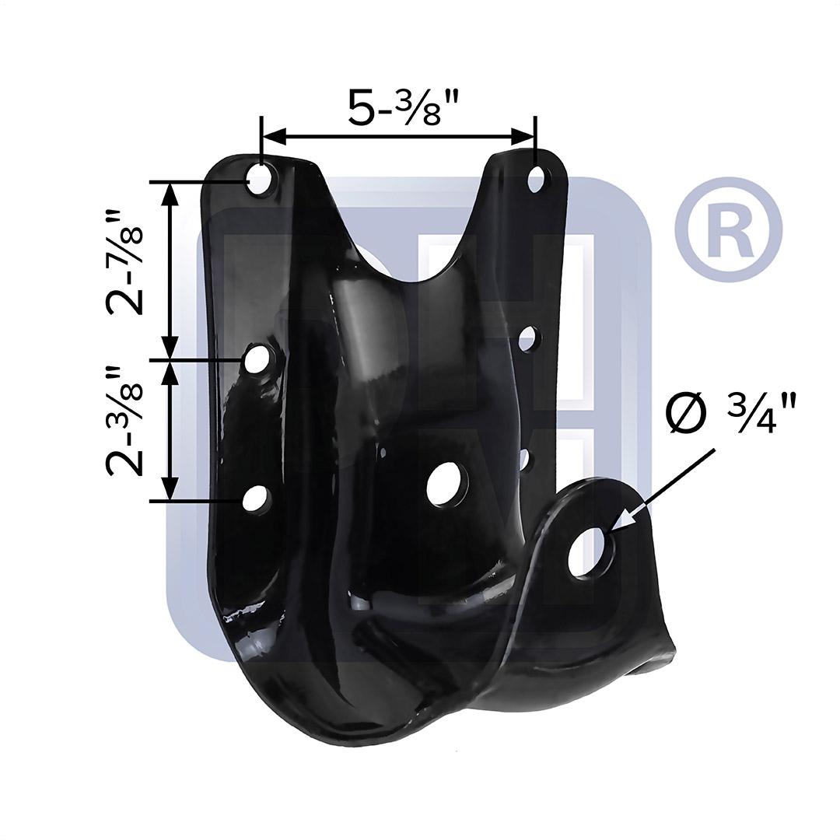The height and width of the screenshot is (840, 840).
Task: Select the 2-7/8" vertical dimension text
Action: tap(124, 262)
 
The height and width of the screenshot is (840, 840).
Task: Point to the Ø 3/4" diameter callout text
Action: tap(732, 412)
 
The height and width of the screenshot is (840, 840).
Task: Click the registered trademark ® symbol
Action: tap(729, 230)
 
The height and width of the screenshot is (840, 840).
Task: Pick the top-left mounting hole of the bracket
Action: tap(261, 179)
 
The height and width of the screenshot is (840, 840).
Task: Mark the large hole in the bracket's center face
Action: tap(447, 483)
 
